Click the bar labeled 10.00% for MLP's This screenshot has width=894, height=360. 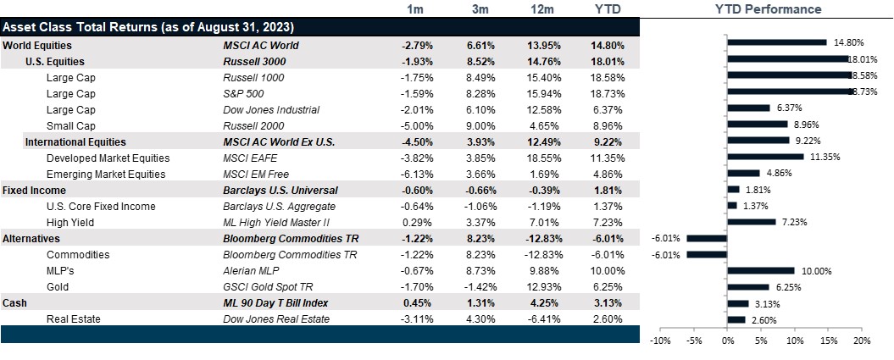point(760,270)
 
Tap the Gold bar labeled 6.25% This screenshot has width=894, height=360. point(747,286)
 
